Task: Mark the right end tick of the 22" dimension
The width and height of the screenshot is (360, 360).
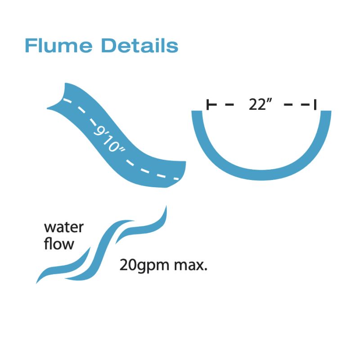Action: click(315, 105)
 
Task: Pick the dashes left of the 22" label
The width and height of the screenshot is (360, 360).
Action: click(223, 105)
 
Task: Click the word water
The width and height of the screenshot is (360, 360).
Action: click(63, 227)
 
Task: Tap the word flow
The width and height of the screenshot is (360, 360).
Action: click(58, 244)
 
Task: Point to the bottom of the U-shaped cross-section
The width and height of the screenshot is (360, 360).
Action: click(261, 175)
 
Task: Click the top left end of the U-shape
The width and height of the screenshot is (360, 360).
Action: click(196, 113)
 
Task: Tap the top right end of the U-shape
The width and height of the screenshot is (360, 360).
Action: click(326, 113)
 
